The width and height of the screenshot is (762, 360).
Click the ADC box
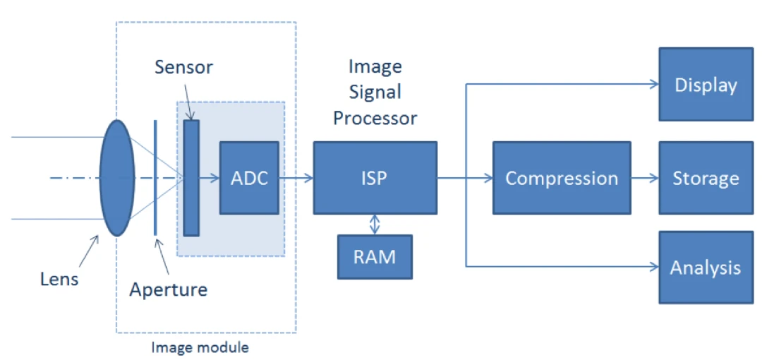click(249, 178)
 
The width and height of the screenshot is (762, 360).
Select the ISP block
click(375, 178)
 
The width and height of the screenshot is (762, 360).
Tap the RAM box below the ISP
click(375, 256)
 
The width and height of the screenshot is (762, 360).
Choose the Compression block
click(562, 178)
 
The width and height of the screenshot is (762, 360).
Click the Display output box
click(706, 85)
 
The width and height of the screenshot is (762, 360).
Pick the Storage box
click(706, 178)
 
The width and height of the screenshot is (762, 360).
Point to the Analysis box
click(706, 268)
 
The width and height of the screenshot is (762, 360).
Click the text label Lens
click(59, 279)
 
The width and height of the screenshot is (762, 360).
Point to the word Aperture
click(169, 289)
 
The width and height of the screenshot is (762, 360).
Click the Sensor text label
click(183, 68)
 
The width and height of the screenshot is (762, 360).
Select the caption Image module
click(200, 348)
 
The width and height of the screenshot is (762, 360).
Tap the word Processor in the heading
click(375, 117)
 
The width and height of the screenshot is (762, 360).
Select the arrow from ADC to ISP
click(296, 178)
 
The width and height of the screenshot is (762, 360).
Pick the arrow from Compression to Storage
click(644, 178)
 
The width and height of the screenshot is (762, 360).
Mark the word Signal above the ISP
click(375, 92)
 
